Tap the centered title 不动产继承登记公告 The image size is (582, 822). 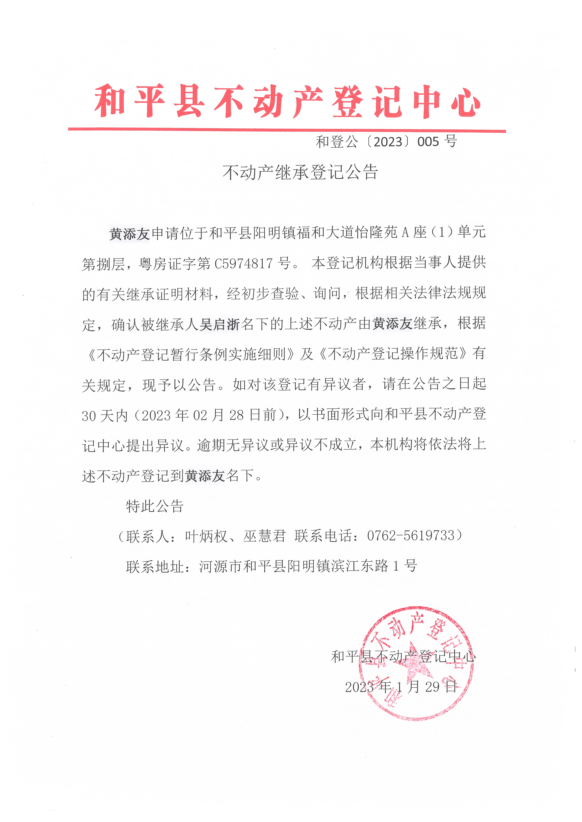(300, 172)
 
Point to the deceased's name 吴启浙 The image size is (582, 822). (219, 324)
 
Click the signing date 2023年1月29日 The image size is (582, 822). (401, 686)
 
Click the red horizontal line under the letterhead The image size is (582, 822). (287, 130)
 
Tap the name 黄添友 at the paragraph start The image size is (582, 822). (129, 234)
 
